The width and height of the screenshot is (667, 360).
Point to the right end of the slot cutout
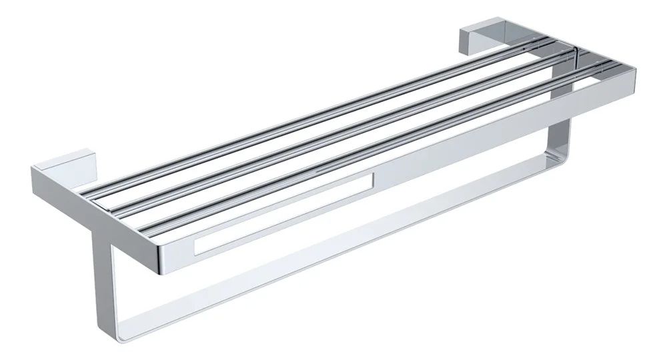(370, 181)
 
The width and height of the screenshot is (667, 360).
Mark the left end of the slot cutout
(199, 248)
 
